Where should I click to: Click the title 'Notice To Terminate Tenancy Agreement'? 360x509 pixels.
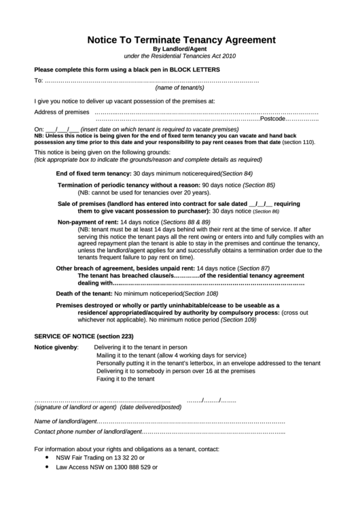(x=181, y=39)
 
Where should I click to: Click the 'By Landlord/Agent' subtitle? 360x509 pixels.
(x=180, y=49)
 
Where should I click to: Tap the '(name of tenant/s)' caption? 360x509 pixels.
(x=180, y=88)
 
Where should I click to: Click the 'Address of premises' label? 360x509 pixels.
(x=62, y=111)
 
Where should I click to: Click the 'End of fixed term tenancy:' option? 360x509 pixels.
(x=94, y=173)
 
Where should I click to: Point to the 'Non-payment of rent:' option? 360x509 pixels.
(x=88, y=222)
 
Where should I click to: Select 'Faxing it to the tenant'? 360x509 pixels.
(x=125, y=379)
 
